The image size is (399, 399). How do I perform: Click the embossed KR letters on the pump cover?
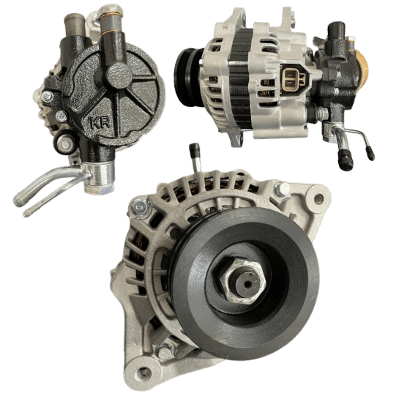point(100,123)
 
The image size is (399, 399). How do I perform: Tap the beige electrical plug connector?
point(293,78)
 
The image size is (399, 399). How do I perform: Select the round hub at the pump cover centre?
point(119,75)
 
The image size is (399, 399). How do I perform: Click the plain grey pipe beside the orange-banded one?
point(75,25)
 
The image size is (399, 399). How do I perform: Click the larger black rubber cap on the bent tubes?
point(346,160)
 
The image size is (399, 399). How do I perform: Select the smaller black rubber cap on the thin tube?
point(370,153)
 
